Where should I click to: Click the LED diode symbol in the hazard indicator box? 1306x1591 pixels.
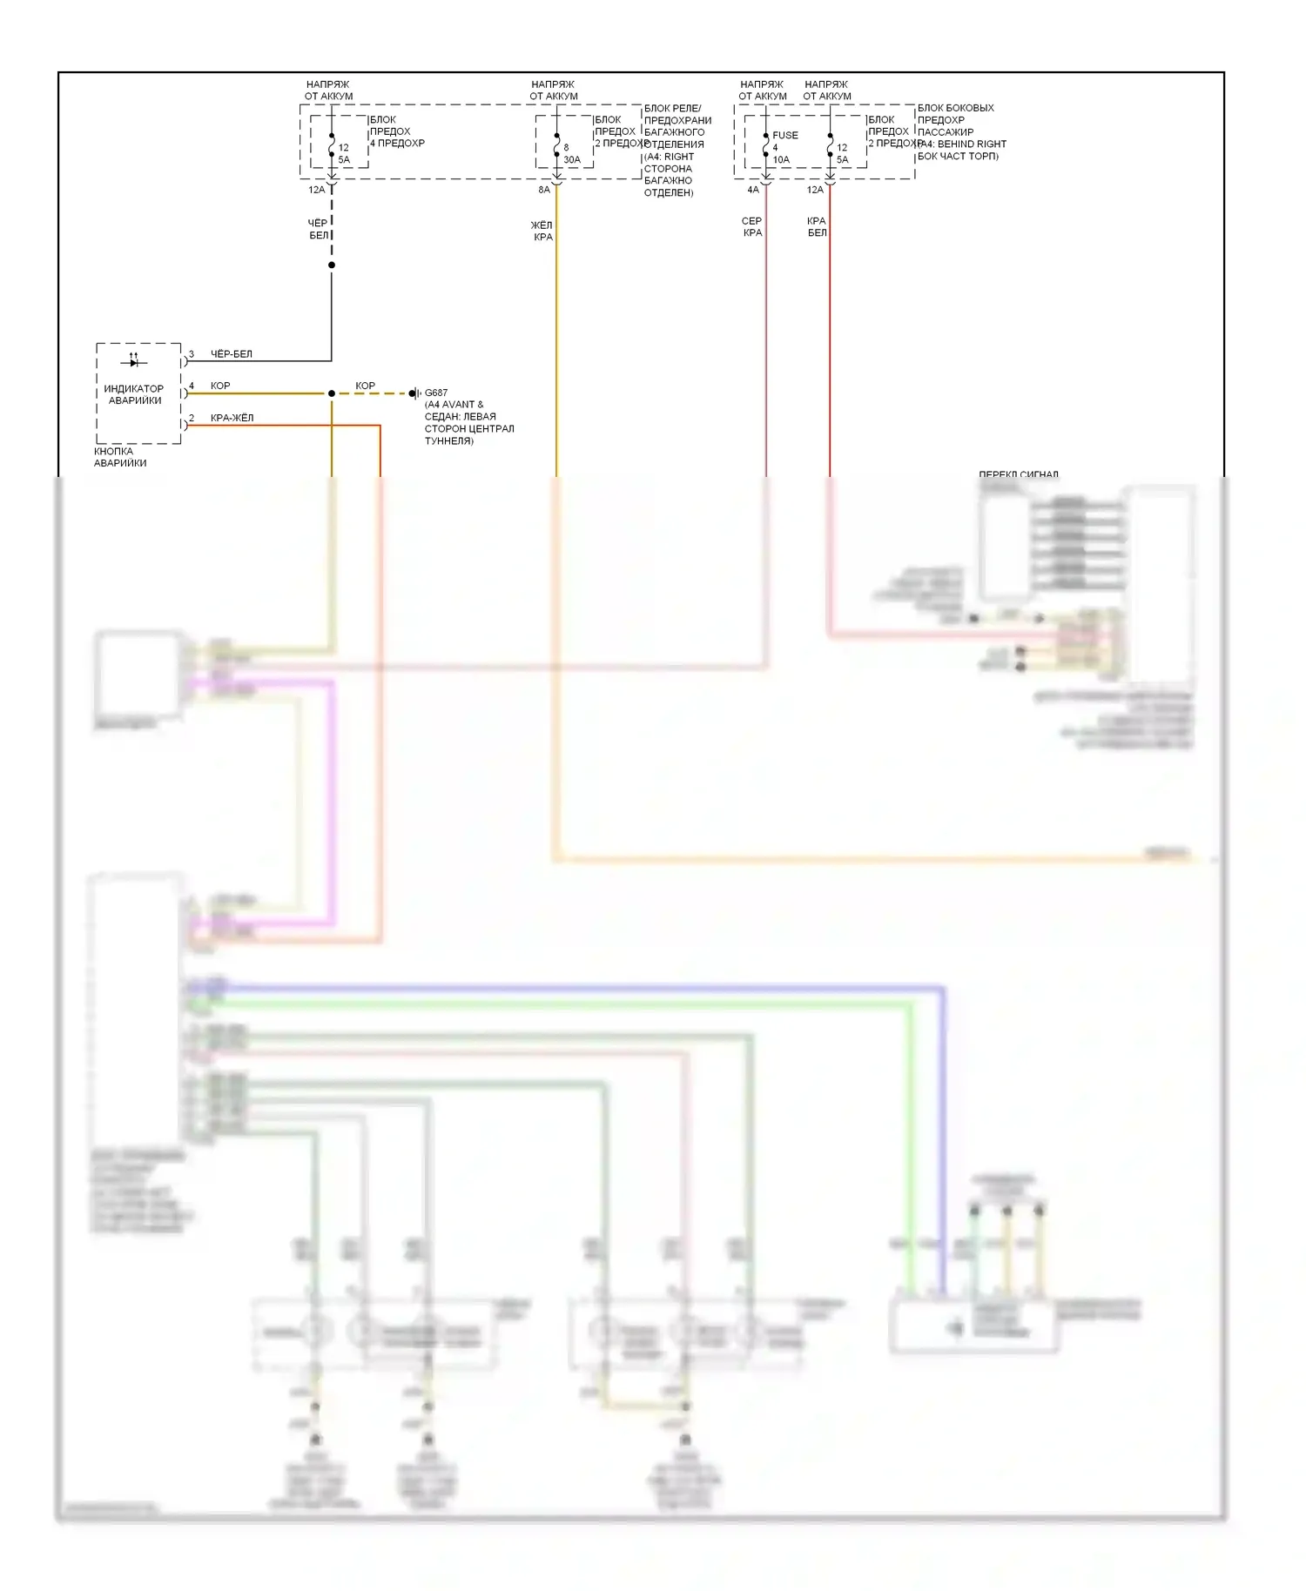point(134,361)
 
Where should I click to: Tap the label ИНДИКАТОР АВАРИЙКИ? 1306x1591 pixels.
point(134,394)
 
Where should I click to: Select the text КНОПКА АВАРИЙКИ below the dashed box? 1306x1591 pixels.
point(120,457)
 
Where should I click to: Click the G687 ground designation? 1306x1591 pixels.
point(436,393)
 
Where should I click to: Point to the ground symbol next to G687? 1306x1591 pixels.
point(415,393)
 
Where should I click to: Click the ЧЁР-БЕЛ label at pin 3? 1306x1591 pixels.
point(232,354)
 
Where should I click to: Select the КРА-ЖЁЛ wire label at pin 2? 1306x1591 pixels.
point(232,418)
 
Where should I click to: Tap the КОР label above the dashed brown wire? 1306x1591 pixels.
point(365,386)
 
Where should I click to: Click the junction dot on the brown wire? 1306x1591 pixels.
point(332,393)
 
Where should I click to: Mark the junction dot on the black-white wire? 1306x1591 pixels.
point(332,265)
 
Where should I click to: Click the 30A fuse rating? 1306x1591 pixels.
point(572,159)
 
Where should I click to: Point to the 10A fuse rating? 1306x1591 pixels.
point(781,159)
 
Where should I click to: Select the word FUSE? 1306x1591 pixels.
point(785,135)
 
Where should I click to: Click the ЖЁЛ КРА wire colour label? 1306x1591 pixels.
point(542,231)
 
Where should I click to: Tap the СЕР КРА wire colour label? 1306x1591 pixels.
point(752,226)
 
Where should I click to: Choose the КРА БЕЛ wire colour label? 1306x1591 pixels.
point(817,226)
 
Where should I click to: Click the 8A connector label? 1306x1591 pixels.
point(544,190)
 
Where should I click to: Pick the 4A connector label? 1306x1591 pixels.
point(753,190)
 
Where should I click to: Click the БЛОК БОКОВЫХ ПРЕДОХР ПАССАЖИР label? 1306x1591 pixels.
point(955,120)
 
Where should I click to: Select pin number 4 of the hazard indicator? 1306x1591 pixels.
point(192,386)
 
